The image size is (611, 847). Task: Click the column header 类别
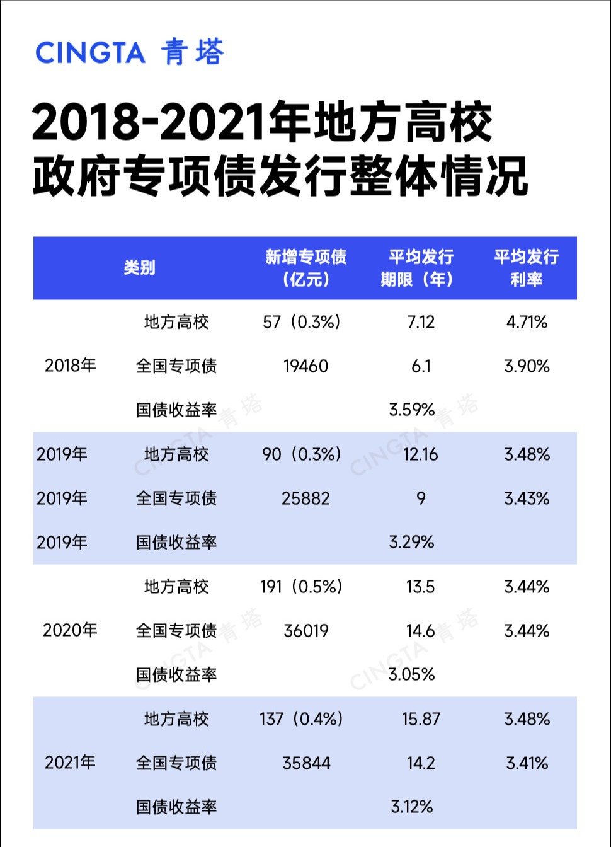pos(139,267)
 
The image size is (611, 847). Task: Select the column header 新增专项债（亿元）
pos(305,267)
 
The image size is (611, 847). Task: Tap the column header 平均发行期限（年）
pos(420,267)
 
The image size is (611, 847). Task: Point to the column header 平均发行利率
pos(526,267)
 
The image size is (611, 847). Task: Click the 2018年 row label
pos(70,366)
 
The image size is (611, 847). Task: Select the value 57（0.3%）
pos(302,322)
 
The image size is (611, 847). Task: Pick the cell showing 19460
pos(305,366)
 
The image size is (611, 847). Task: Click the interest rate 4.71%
pos(527,322)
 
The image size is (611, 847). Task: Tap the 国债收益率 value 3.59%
pos(412,410)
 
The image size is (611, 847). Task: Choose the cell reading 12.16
pos(420,454)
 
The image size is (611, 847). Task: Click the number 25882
pos(305,498)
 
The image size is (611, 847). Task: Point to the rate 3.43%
pos(527,498)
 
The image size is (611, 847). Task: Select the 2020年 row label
pos(70,630)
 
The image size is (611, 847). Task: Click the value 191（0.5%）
pos(301,587)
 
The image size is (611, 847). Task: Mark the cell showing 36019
pos(306,631)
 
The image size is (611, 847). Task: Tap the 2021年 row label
pos(70,763)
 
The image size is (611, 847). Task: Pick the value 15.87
pos(421,719)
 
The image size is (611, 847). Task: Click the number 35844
pos(306,763)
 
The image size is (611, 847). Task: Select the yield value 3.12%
pos(412,807)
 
